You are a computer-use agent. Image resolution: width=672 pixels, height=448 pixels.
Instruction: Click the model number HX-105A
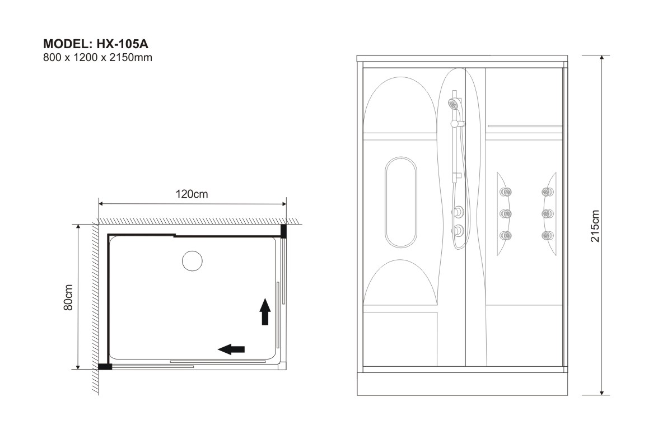point(123,44)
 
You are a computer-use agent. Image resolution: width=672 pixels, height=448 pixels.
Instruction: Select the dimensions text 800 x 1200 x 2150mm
point(98,57)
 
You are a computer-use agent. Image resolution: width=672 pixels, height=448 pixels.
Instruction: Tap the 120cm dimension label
point(192,194)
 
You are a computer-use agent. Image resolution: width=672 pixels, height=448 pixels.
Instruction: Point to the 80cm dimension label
point(68,297)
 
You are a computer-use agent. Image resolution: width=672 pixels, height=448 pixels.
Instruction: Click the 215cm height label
point(595,226)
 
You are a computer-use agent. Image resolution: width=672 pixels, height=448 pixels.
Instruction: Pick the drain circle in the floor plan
point(192,261)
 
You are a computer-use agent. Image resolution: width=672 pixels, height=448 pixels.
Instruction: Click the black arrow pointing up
point(265,311)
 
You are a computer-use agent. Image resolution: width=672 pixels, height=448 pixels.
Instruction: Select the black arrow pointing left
point(231,349)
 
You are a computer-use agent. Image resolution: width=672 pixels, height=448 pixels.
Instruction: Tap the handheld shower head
point(455,104)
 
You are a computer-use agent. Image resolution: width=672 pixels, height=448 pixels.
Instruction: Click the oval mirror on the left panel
point(401,202)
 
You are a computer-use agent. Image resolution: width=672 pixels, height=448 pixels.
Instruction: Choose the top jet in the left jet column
point(506,192)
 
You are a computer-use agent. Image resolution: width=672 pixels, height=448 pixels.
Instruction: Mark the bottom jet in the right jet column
point(548,236)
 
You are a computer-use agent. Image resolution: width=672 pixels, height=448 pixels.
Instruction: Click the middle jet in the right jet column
point(548,214)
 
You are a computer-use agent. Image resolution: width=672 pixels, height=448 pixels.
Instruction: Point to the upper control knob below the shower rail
point(458,212)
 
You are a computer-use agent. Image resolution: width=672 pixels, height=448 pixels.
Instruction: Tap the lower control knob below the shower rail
point(458,231)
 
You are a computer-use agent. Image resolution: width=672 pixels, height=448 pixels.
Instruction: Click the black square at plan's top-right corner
point(283,231)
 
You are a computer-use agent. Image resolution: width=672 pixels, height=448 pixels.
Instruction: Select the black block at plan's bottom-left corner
point(105,366)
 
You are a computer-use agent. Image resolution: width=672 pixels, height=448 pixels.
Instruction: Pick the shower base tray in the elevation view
point(463,384)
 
